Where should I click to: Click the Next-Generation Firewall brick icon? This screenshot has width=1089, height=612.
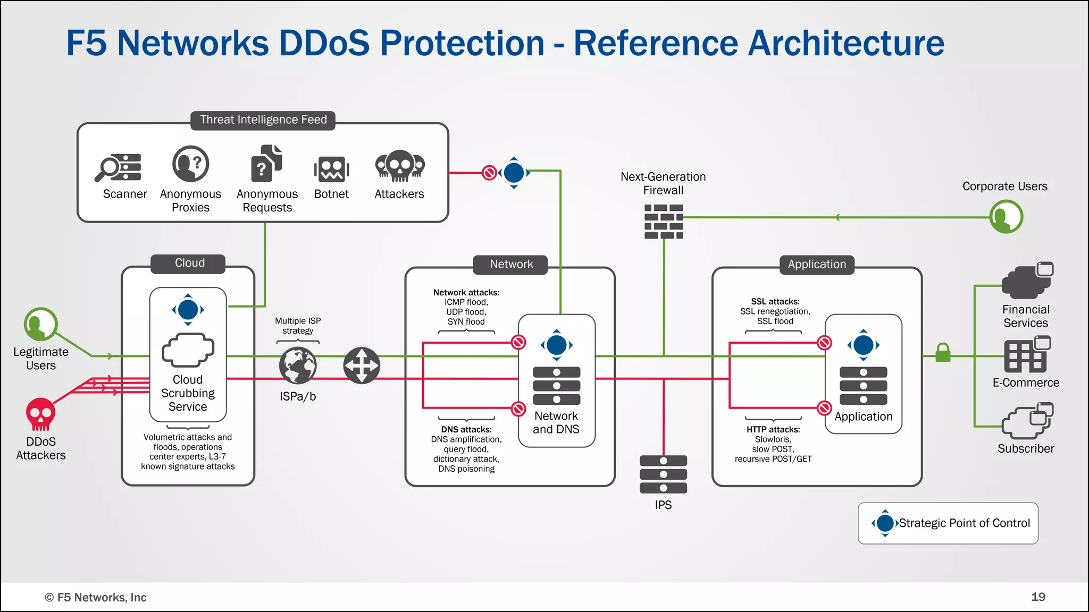tap(664, 222)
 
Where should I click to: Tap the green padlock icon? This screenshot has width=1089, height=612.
tap(943, 352)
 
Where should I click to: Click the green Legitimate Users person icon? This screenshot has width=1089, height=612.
tap(40, 324)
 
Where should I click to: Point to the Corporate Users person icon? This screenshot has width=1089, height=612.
tap(1006, 217)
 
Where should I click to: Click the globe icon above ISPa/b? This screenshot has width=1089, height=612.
tap(298, 365)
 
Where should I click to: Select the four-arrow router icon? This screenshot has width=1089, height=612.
tap(362, 365)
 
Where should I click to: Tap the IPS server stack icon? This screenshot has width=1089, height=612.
tap(664, 474)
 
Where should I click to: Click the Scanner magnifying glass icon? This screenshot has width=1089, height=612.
tap(118, 167)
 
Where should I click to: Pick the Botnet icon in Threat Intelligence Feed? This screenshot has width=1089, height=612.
tap(331, 169)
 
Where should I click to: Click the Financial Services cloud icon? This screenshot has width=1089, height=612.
tap(1027, 282)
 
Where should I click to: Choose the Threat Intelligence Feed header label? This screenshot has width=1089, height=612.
tap(263, 120)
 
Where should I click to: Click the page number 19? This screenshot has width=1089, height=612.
tap(1038, 597)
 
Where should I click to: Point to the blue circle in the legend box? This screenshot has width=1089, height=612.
tap(885, 523)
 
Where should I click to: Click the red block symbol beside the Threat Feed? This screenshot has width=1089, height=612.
tap(489, 173)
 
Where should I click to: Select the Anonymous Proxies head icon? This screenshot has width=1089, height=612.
tap(190, 164)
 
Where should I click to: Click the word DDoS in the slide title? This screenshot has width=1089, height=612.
tap(324, 42)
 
